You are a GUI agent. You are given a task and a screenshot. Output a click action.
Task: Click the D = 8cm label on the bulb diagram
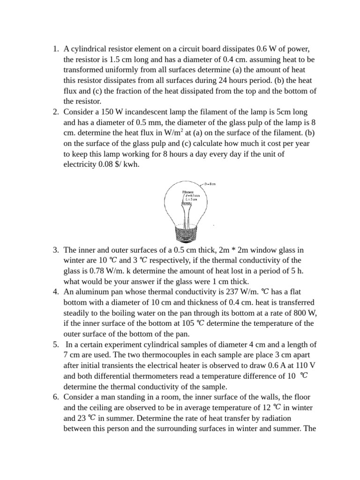(210, 185)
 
